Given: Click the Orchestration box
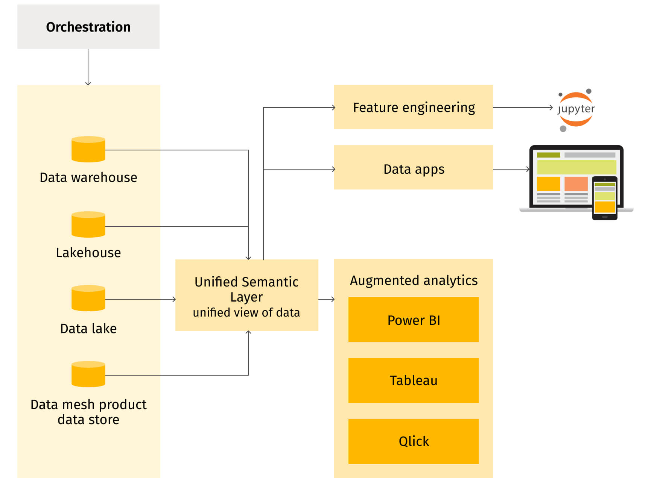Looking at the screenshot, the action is [88, 27].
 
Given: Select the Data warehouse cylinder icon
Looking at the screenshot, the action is [88, 149].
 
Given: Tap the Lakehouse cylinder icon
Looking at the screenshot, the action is [88, 224].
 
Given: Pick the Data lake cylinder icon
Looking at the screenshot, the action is [88, 298].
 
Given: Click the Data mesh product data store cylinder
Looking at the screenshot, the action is [88, 374].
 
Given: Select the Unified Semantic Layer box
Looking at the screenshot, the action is [247, 295].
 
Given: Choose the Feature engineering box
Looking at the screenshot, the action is [414, 107].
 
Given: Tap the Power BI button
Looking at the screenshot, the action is [414, 320].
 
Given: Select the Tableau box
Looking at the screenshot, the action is [414, 380].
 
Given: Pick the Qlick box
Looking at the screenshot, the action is [414, 441].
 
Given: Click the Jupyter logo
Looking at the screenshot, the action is [576, 110].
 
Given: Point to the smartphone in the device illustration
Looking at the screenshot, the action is [605, 198].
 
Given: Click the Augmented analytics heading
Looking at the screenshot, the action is [414, 280].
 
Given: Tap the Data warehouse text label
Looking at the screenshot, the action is [88, 177].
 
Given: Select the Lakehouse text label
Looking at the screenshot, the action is [88, 253].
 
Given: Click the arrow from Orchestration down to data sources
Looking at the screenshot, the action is [88, 67].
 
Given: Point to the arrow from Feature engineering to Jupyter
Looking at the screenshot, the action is [523, 108].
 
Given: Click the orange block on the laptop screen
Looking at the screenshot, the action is [576, 184].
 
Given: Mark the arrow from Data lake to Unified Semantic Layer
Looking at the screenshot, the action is [141, 299].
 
